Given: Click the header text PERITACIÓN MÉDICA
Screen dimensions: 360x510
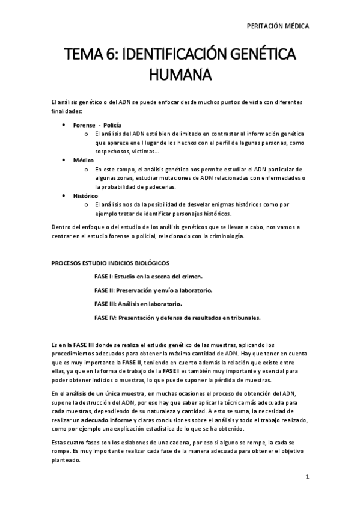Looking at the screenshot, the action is [278, 26].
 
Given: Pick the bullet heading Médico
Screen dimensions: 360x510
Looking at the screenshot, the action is [84, 161].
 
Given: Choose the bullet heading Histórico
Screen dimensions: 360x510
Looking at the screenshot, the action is [87, 196].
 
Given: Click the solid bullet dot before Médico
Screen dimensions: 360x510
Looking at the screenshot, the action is [64, 161].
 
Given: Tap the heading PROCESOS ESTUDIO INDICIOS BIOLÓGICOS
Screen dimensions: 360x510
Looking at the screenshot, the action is [110, 263].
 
